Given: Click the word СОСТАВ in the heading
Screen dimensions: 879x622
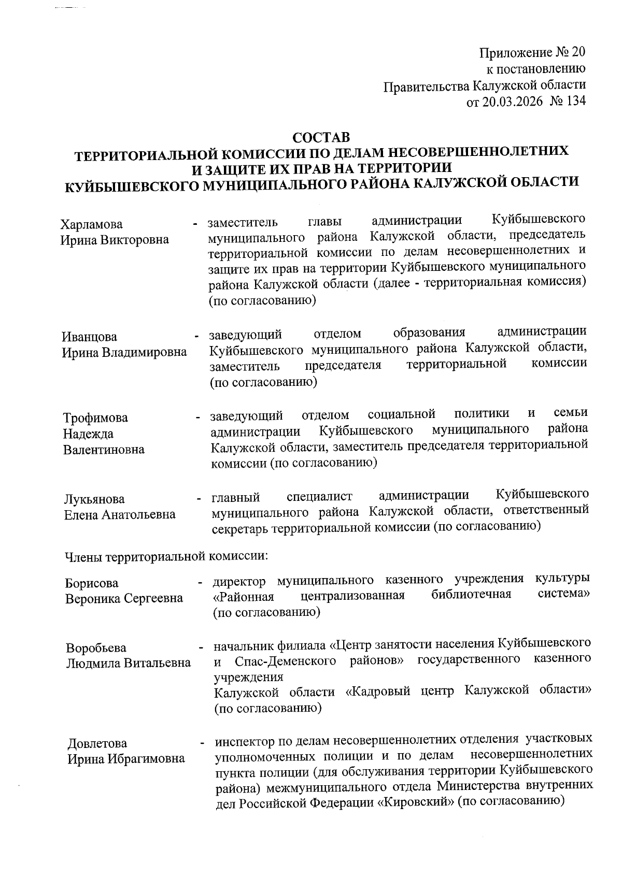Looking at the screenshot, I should point(321,138).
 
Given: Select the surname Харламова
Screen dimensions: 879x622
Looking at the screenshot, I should point(92,225).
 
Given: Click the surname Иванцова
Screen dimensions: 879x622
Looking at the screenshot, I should point(90,337).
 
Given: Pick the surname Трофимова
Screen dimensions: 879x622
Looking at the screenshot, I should point(95,418).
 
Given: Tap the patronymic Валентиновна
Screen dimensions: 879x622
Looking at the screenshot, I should point(104,450).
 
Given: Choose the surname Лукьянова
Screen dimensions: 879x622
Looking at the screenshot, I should point(94,499).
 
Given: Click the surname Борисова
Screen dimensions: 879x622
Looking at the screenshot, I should point(92,583).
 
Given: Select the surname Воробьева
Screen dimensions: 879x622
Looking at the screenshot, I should point(96,649).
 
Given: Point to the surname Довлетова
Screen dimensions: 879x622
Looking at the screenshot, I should point(97,744).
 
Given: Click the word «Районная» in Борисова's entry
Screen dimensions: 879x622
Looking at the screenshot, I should point(244,597).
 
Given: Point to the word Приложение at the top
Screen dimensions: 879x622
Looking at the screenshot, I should point(513,52).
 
